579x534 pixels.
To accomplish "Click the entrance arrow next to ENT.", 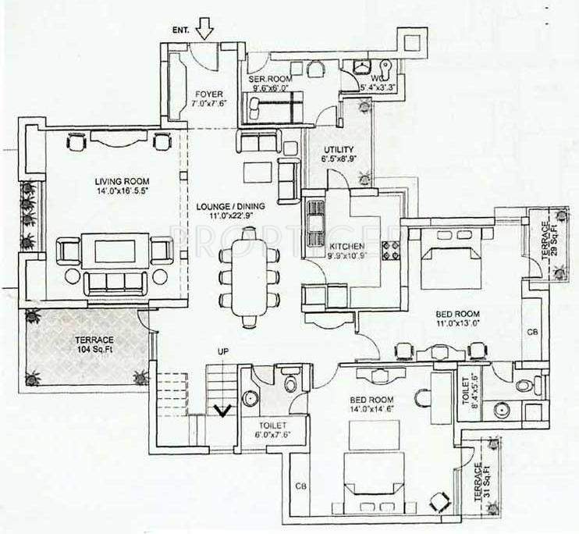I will point(204,29).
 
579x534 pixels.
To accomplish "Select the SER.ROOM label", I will point(267,79).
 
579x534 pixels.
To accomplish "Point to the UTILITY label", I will point(339,150).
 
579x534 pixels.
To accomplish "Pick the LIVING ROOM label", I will point(113,183).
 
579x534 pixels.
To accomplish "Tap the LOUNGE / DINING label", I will point(231,207).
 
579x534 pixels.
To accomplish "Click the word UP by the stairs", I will point(222,353).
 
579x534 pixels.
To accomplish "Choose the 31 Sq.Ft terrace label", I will point(480,480).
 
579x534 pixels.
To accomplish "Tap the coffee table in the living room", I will point(115,251).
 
